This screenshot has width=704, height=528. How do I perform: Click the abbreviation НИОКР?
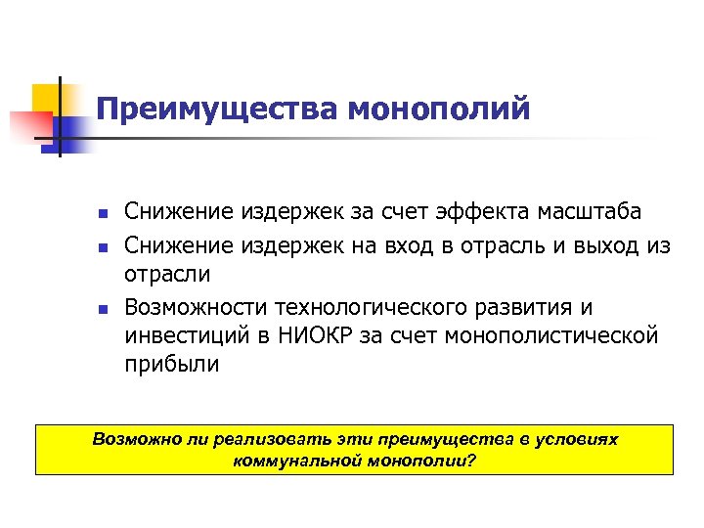pyautogui.click(x=317, y=336)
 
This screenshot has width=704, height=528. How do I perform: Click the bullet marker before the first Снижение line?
pyautogui.click(x=101, y=213)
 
